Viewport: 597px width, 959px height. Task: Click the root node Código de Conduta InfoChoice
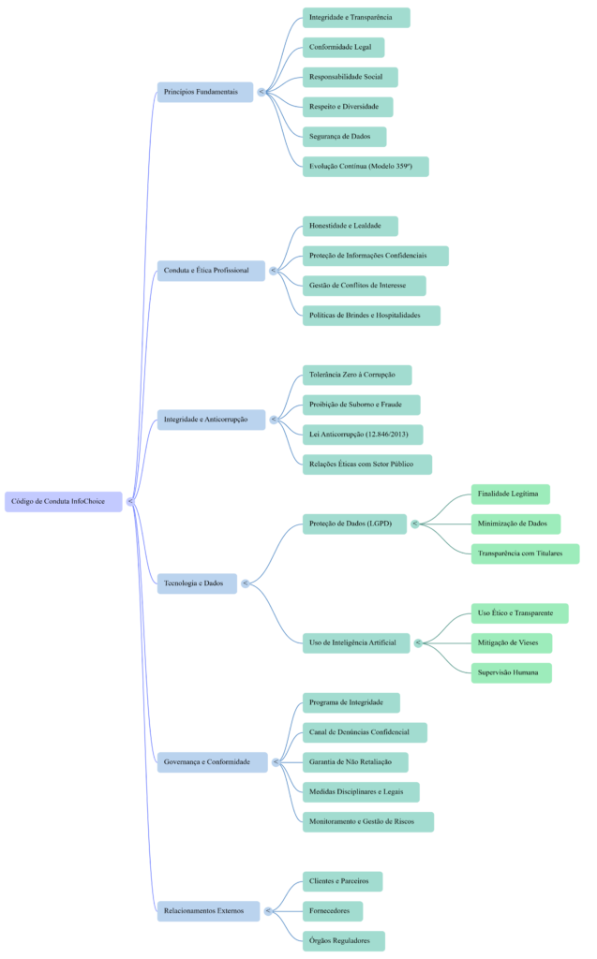coord(63,502)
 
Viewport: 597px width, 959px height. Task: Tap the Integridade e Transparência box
coord(355,18)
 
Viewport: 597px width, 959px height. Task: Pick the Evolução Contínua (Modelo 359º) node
coord(365,167)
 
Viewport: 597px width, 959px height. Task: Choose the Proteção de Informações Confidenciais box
coord(375,256)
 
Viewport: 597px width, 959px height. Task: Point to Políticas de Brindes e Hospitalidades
coord(370,316)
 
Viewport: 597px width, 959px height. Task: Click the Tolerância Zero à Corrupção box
coord(356,375)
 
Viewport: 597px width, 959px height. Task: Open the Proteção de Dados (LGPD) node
coord(354,524)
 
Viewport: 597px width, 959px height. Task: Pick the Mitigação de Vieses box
coord(511,642)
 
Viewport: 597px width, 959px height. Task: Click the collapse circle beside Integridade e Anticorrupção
coord(275,420)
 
